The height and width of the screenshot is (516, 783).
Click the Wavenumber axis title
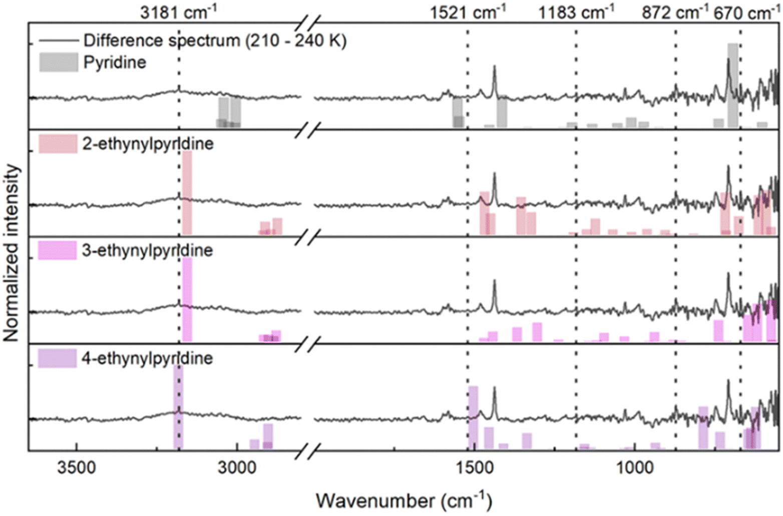tap(404, 500)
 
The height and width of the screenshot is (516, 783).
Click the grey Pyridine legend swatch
tap(59, 62)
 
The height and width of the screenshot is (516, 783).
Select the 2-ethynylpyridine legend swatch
tap(58, 144)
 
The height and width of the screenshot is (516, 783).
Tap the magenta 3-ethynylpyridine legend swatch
tap(58, 250)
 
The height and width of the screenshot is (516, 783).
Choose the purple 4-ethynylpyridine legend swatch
tap(58, 358)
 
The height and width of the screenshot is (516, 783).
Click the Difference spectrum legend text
tap(215, 41)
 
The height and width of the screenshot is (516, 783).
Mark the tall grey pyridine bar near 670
tap(732, 85)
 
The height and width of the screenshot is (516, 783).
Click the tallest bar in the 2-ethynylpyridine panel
tap(187, 193)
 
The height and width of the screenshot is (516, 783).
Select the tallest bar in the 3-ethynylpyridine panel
tap(187, 299)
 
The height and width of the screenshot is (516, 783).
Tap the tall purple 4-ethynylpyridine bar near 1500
tap(473, 417)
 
